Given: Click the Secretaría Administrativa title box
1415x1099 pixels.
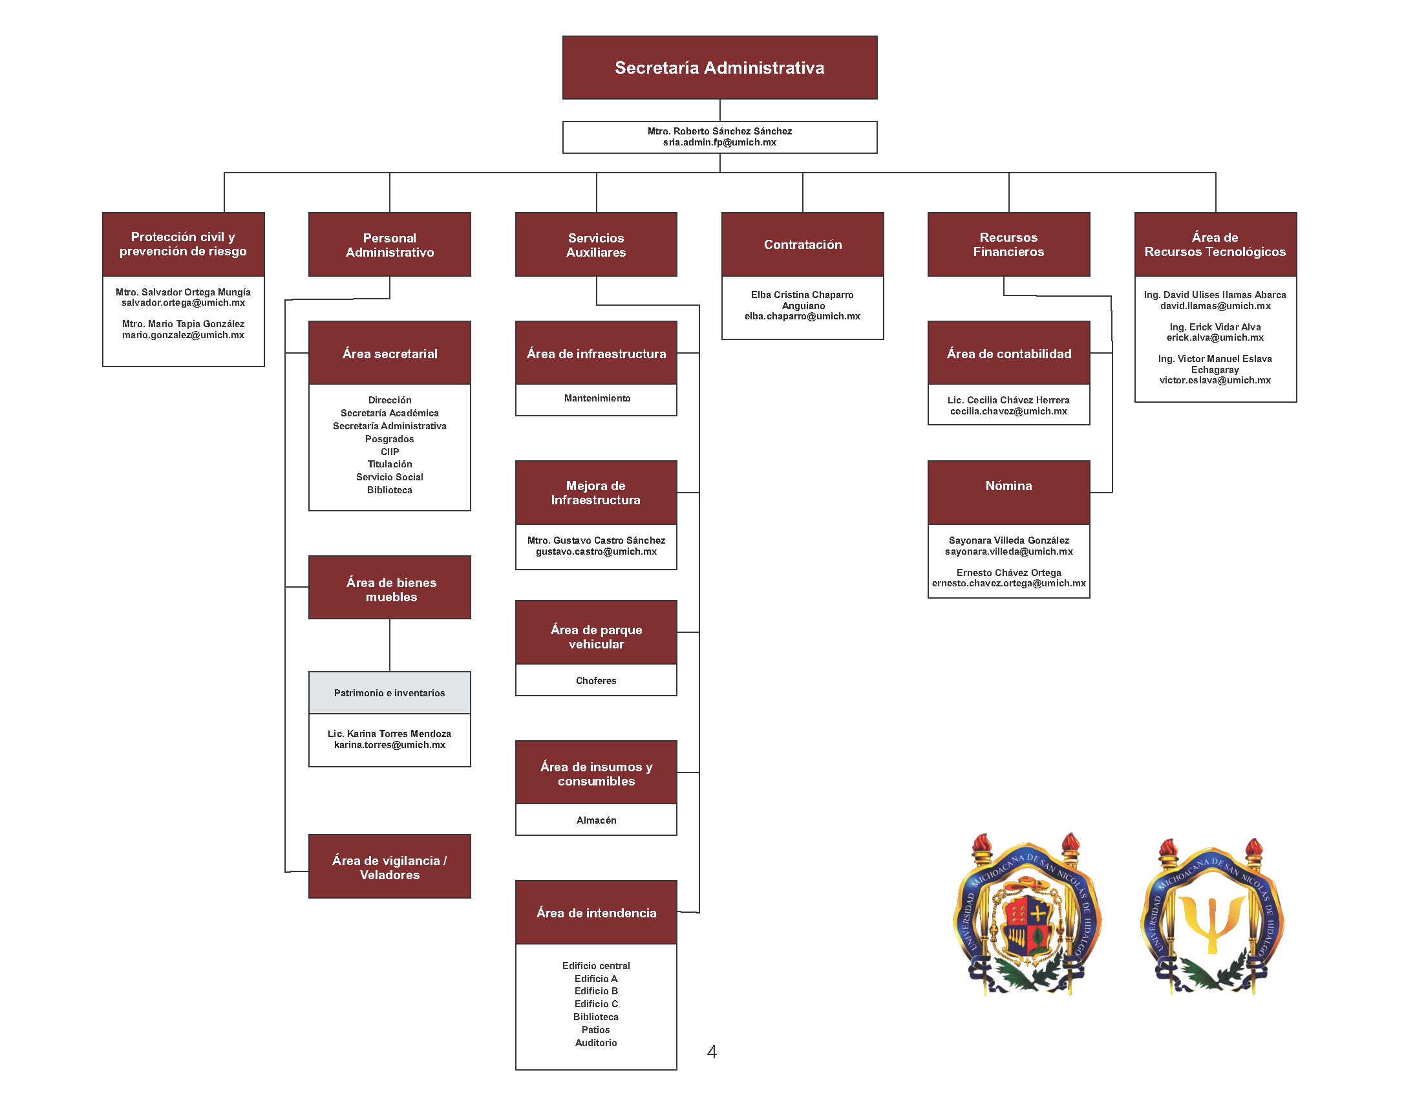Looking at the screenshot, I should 719,67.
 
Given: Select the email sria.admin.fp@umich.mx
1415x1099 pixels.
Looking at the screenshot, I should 719,143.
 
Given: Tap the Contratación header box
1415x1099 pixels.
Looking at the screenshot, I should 802,244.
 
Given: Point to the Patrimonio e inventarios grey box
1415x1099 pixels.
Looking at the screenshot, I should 389,693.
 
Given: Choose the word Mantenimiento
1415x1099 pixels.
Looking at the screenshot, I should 597,398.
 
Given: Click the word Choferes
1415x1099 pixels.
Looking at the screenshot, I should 596,680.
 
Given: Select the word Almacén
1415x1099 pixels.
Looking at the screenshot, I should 596,820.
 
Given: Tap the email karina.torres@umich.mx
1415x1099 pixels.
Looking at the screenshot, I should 389,745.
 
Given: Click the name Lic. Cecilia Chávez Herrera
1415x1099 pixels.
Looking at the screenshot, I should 1008,400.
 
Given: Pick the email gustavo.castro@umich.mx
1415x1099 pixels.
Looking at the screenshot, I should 596,551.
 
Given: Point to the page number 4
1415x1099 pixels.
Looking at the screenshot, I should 712,1052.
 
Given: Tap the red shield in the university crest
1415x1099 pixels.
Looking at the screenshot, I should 1027,923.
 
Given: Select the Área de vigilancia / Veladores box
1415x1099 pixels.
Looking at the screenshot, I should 389,867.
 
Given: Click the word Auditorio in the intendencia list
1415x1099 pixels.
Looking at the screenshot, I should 596,1043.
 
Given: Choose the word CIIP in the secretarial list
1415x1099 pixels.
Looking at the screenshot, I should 389,452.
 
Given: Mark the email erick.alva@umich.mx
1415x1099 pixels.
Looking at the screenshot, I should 1215,337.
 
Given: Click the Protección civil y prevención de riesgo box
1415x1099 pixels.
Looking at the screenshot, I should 184,244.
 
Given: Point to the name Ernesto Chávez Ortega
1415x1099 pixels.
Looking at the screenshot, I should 1008,573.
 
